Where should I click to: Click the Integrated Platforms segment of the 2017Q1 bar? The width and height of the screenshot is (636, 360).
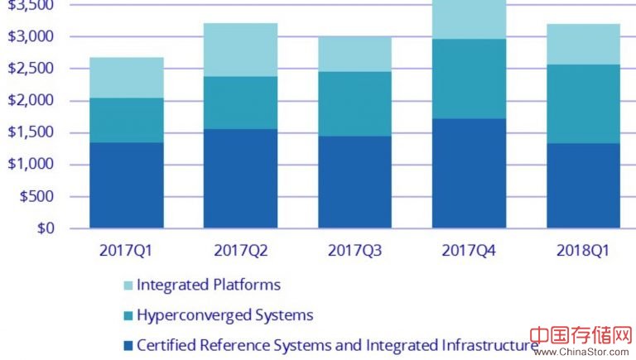127,78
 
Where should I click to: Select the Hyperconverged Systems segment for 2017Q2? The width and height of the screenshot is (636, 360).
241,103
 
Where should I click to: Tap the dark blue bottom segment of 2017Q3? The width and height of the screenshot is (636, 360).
355,182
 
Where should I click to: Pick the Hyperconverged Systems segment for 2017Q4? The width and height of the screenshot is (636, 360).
469,79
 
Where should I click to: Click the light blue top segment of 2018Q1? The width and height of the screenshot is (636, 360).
583,44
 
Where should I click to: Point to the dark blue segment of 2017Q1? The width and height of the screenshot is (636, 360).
127,185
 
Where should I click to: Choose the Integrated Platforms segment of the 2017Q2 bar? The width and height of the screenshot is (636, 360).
241,50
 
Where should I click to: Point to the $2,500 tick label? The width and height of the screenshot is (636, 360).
31,69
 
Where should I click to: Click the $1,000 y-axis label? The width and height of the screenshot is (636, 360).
31,165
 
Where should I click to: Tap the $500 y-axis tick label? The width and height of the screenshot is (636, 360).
36,197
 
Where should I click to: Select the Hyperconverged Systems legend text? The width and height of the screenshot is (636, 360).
225,315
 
